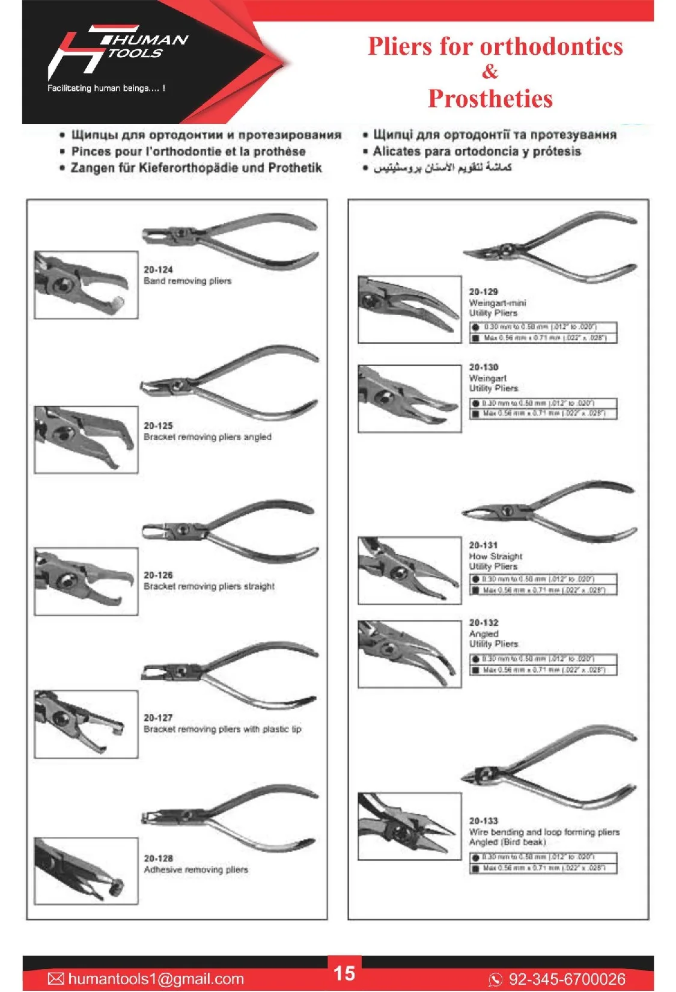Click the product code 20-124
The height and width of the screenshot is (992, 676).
pos(158,270)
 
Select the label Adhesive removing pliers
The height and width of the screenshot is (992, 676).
pos(195,870)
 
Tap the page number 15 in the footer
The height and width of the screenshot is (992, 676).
pos(344,973)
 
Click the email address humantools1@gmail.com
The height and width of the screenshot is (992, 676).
pos(156,979)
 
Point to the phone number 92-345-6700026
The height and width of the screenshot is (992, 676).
pos(567,979)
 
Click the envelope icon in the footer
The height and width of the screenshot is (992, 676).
pos(56,979)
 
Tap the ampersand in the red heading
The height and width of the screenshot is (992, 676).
pos(490,72)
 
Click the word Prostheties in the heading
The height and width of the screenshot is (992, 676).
pos(490,99)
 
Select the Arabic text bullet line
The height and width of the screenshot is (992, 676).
pos(442,168)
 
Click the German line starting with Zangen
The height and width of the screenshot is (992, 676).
pos(196,168)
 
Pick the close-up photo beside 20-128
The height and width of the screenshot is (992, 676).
pos(86,871)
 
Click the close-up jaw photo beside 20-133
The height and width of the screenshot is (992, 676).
pos(409,826)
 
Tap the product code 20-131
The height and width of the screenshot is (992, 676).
pos(483,545)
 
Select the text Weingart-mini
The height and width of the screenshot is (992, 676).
pos(497,303)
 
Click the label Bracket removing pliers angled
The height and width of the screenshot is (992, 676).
pos(207,437)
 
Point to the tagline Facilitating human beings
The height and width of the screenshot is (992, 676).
pos(106,88)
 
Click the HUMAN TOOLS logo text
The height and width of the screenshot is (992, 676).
pos(144,46)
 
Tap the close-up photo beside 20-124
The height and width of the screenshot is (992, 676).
pos(86,285)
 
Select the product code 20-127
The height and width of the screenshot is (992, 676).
pos(158,718)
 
